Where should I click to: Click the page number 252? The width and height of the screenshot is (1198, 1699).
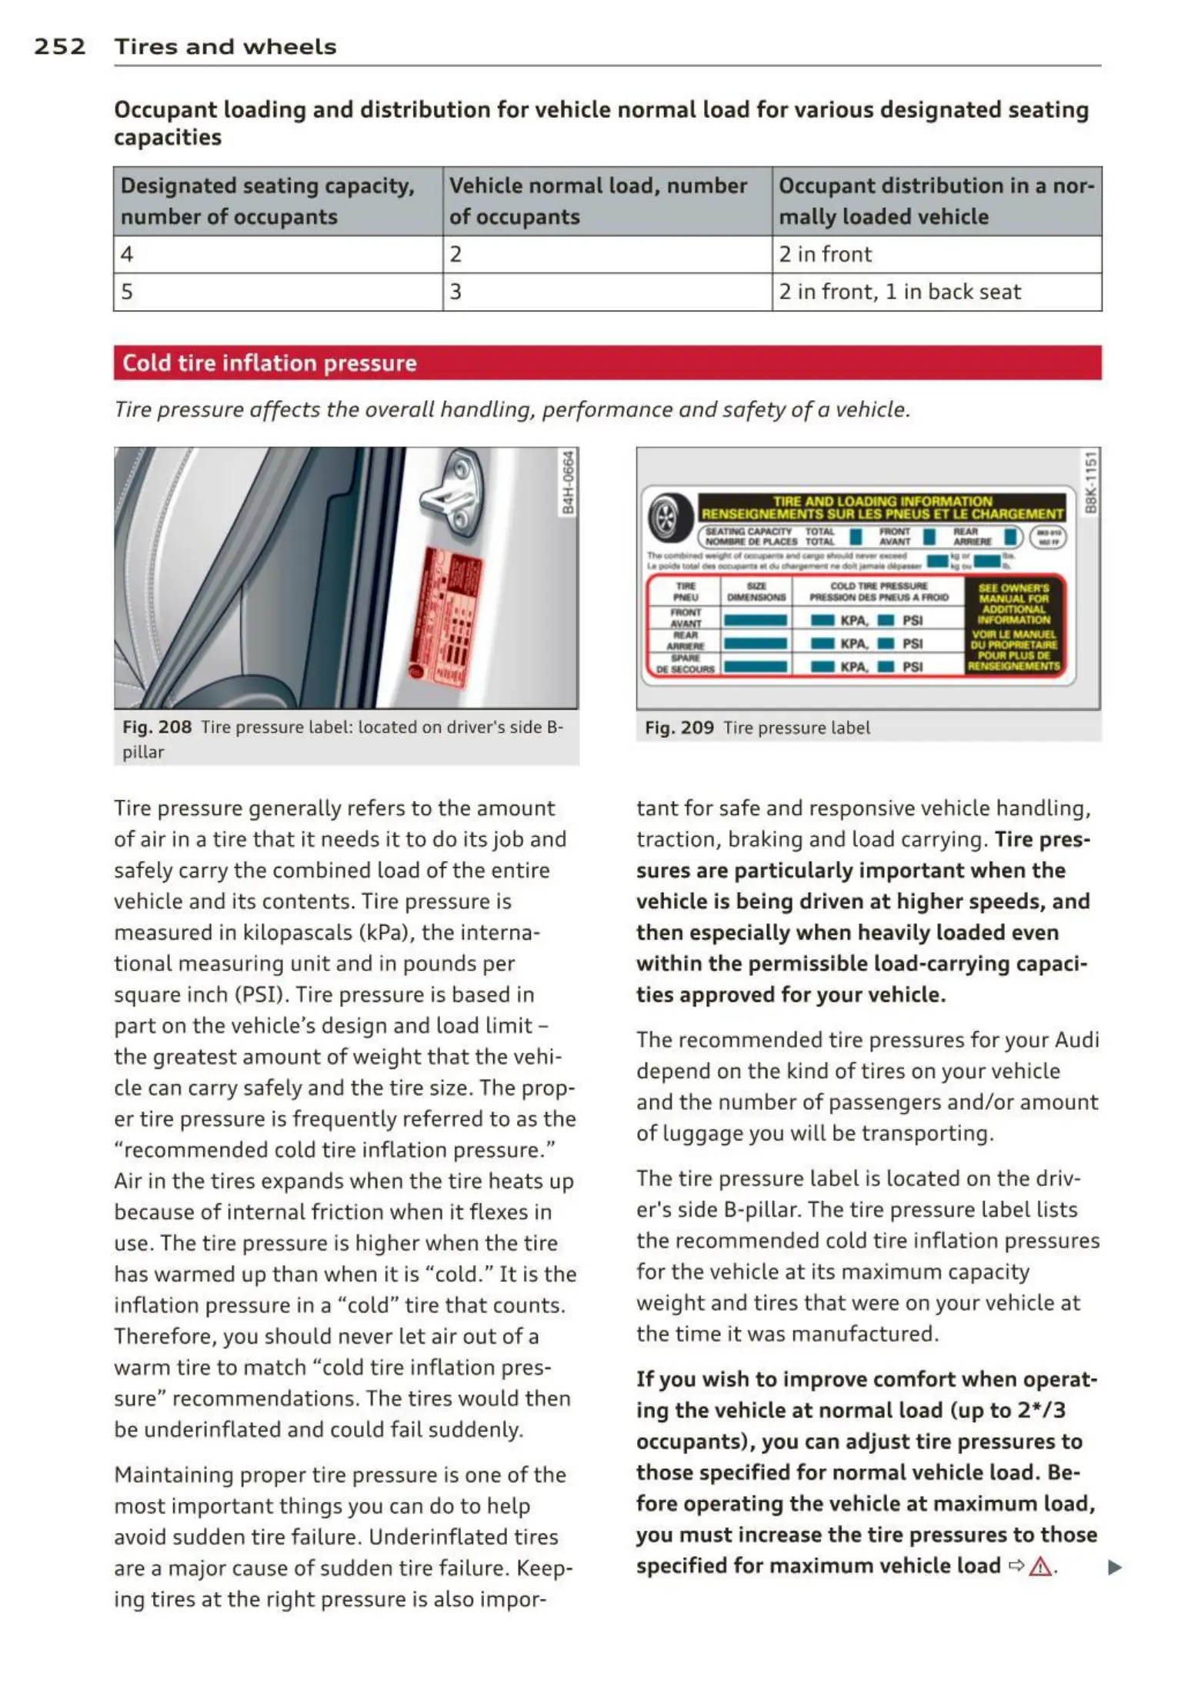pyautogui.click(x=59, y=47)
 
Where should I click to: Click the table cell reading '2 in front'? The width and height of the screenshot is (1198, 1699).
pyautogui.click(x=825, y=254)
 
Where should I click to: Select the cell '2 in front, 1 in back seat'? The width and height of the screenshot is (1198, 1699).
pyautogui.click(x=899, y=292)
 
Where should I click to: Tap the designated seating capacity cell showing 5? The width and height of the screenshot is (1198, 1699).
pyautogui.click(x=127, y=292)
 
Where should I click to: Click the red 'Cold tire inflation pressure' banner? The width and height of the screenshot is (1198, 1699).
pyautogui.click(x=606, y=362)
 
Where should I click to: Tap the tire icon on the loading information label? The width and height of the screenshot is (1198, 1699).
pyautogui.click(x=666, y=516)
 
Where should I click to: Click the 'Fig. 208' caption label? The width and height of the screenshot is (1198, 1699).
pyautogui.click(x=156, y=727)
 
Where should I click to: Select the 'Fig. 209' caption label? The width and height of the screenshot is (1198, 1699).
pyautogui.click(x=679, y=728)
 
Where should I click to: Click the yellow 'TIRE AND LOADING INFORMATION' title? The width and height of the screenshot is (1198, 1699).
pyautogui.click(x=882, y=507)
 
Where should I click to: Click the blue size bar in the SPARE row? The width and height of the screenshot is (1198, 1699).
pyautogui.click(x=756, y=667)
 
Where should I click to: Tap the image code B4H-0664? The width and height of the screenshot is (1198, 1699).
pyautogui.click(x=568, y=482)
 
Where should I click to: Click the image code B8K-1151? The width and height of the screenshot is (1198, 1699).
pyautogui.click(x=1090, y=482)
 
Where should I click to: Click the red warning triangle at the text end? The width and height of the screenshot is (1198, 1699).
pyautogui.click(x=1039, y=1566)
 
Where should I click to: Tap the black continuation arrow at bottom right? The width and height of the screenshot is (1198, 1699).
pyautogui.click(x=1113, y=1567)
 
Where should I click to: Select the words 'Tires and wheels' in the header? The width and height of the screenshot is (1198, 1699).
pyautogui.click(x=225, y=47)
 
